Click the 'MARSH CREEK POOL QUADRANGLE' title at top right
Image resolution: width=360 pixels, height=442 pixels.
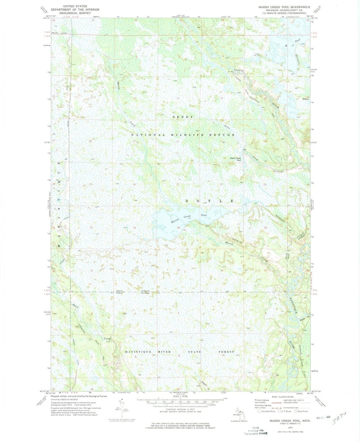click(282, 7)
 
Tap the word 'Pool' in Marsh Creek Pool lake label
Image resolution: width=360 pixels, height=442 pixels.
click(204, 215)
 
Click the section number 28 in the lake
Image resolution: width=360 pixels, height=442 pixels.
click(179, 228)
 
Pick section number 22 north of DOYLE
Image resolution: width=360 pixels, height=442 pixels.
click(221, 184)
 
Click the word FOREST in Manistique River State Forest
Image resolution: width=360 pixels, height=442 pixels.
click(226, 352)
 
